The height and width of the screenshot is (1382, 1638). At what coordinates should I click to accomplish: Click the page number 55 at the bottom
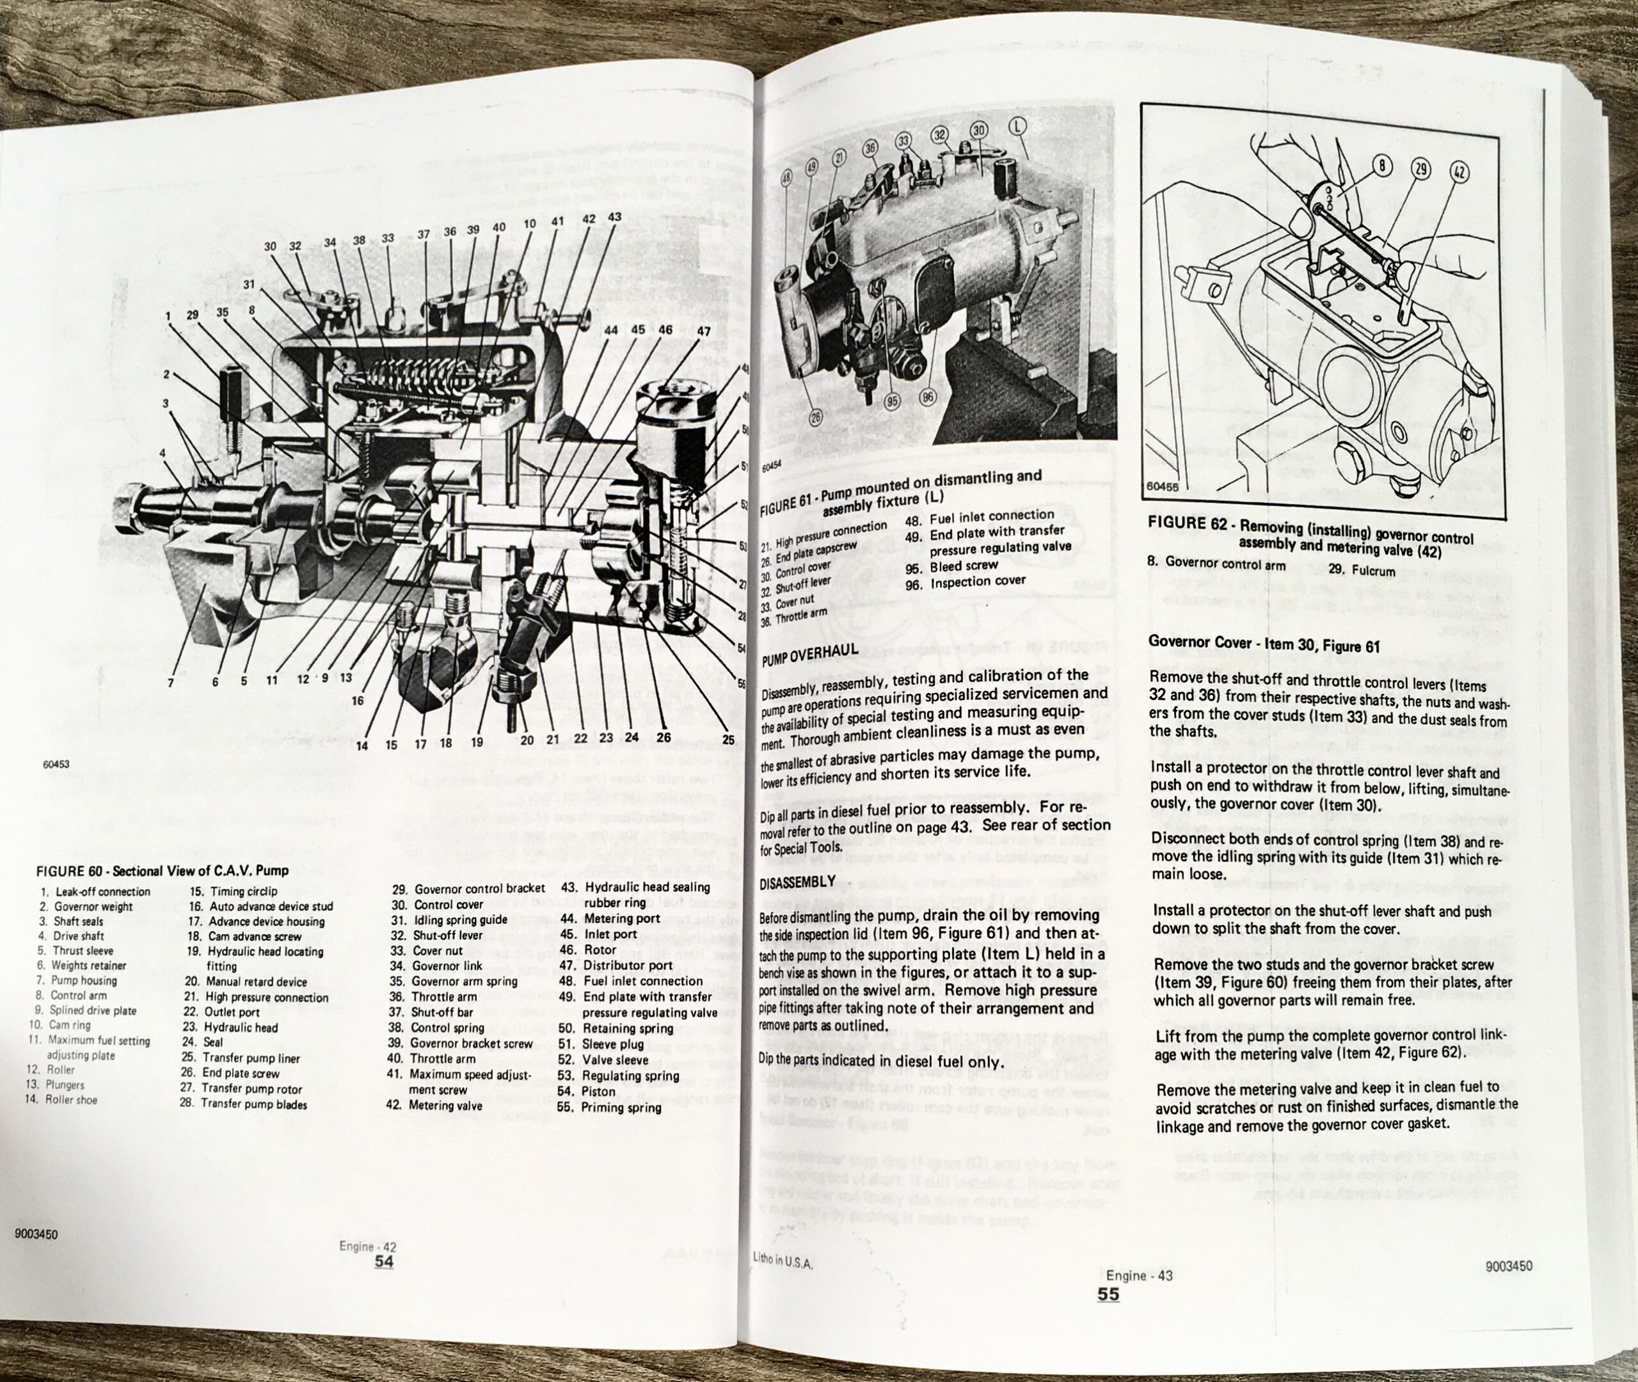(1108, 1294)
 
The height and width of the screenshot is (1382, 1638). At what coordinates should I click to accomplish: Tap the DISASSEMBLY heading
(797, 880)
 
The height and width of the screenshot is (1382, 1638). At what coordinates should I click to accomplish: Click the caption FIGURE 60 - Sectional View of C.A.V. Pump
(162, 870)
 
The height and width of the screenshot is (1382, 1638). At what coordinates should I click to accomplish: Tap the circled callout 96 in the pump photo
(928, 398)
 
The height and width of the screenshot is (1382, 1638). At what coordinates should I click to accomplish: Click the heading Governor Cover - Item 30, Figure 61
(1264, 646)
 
